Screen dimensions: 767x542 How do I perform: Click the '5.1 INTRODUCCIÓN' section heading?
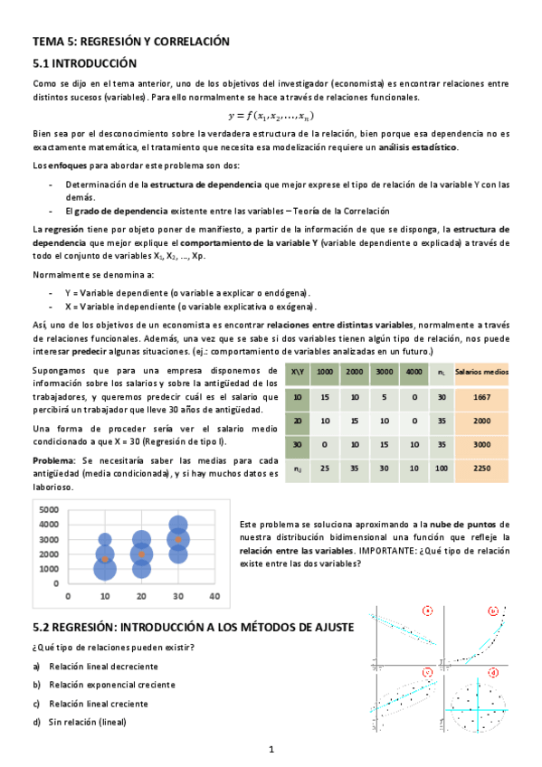tap(84, 63)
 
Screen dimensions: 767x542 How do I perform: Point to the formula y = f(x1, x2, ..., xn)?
tap(271, 116)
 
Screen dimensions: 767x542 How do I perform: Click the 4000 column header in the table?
tap(414, 372)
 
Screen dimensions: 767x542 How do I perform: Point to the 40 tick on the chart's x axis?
tap(214, 597)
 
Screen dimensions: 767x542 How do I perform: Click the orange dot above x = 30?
tap(178, 540)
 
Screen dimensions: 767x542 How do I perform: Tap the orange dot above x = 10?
tap(105, 559)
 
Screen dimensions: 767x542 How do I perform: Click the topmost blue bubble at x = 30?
tap(178, 525)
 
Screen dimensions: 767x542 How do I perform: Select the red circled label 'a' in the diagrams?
tap(427, 611)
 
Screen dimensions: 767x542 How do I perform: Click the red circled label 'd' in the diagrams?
tap(493, 673)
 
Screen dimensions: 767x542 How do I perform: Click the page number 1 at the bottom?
tap(271, 749)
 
